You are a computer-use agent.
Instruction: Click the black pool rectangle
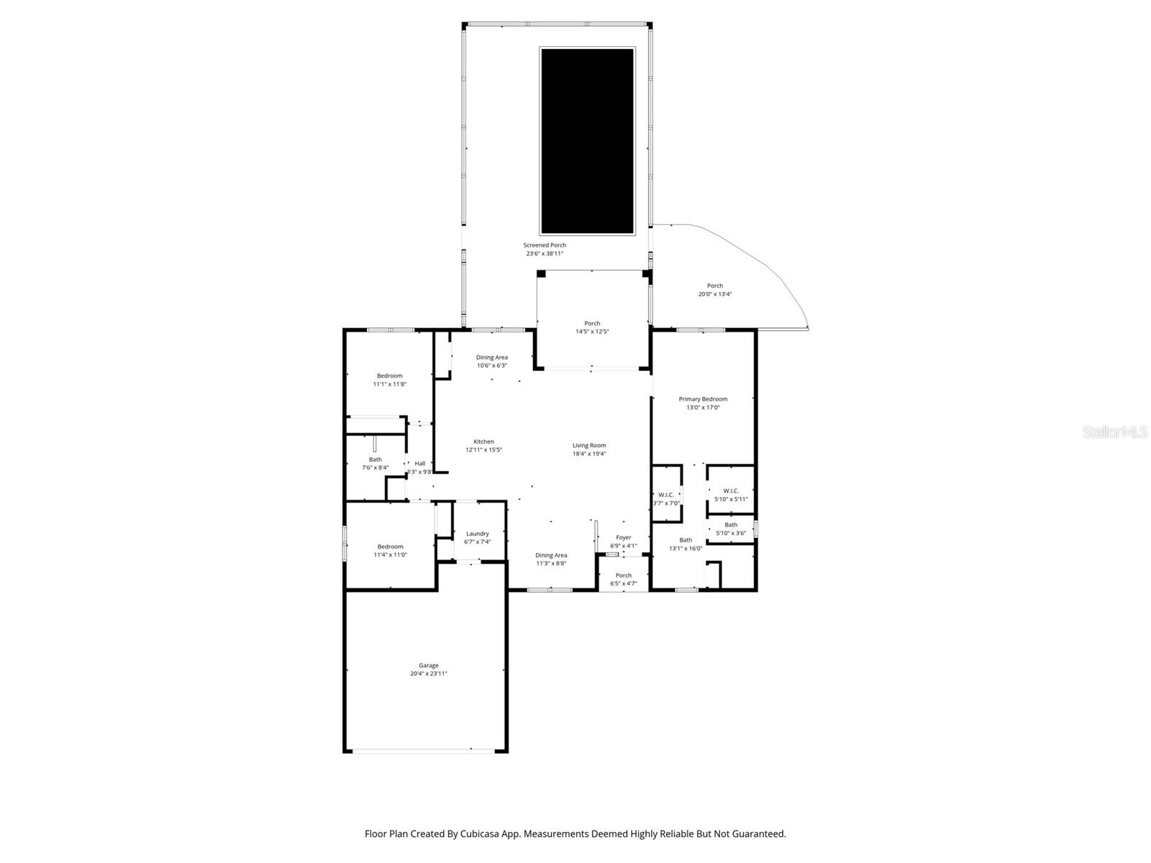pos(587,141)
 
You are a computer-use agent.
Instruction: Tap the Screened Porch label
pos(545,245)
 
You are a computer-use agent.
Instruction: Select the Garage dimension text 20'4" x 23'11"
pos(429,674)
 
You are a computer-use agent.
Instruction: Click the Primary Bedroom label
pos(703,399)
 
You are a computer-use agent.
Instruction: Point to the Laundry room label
pos(477,534)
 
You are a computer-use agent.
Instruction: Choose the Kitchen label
pos(483,442)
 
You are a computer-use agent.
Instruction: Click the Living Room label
pos(589,445)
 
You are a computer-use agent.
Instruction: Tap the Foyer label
pos(624,537)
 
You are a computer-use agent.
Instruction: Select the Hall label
pos(420,464)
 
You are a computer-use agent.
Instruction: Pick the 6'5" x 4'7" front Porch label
pos(624,575)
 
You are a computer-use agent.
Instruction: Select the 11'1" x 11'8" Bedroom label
pos(390,375)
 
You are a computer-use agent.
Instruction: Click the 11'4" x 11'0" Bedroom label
pos(391,547)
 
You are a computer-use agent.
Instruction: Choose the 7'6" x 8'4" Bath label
pos(376,460)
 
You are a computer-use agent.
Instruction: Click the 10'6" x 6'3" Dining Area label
pos(492,357)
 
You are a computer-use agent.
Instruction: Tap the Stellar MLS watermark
pos(1114,431)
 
